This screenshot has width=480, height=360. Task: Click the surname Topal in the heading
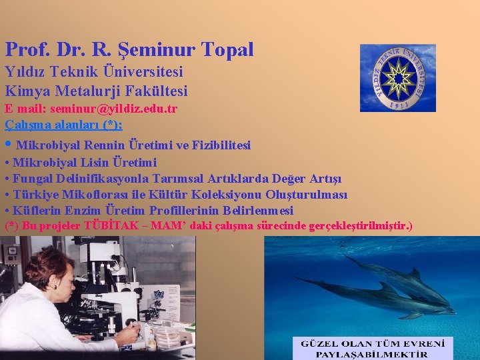tap(227, 50)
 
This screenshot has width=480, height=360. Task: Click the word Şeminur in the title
tap(157, 50)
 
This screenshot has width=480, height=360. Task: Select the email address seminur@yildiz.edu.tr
tap(114, 109)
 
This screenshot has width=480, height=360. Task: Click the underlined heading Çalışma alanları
tap(64, 125)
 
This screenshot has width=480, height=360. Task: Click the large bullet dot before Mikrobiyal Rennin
tap(9, 143)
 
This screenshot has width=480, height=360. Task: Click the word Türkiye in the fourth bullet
tap(36, 195)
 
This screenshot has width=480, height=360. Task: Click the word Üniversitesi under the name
tap(143, 71)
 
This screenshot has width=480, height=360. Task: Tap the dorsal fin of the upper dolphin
tap(415, 273)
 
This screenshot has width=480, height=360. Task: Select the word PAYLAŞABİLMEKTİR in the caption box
tap(371, 355)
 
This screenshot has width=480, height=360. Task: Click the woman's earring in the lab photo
tap(56, 287)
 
